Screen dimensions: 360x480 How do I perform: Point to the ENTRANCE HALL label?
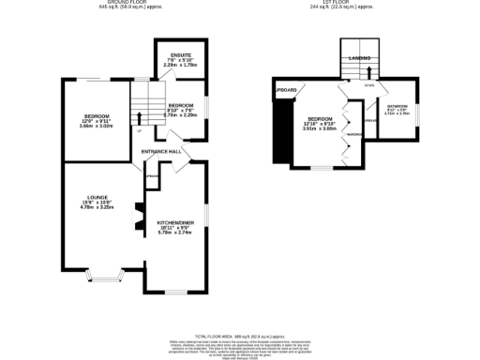[161, 151]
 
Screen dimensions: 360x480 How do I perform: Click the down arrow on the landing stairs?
[368, 72]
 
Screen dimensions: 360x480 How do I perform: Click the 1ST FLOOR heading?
[347, 3]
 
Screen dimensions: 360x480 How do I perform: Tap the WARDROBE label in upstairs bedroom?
[354, 134]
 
